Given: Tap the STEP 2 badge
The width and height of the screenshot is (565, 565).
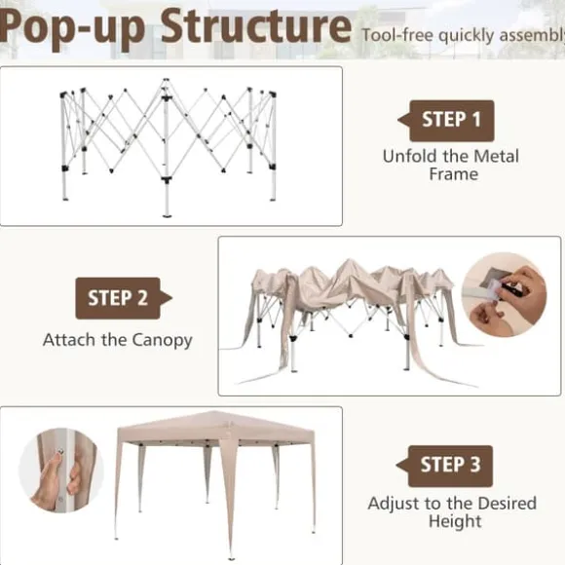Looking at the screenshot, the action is point(124,298).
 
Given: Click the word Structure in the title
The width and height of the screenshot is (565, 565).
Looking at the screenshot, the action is point(256,26).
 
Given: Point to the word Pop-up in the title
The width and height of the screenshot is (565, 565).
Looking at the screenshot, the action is point(72,29).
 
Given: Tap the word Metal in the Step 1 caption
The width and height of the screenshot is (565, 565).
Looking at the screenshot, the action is point(496,157).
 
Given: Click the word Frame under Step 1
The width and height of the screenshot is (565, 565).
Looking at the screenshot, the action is point(454,174).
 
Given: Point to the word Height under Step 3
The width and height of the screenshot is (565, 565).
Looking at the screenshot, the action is point(455,522).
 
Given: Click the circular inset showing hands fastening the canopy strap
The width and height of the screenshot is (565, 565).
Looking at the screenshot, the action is point(504,295).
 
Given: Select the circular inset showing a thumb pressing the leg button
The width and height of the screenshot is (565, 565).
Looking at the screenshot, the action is point(61,471).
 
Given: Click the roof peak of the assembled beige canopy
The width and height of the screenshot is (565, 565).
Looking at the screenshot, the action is point(216,412).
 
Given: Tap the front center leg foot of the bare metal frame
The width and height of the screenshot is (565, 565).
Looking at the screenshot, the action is point(167,215).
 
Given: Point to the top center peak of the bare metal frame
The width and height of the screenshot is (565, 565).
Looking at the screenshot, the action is point(166,80).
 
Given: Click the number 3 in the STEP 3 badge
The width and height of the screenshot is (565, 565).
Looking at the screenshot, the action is point(475,465).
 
